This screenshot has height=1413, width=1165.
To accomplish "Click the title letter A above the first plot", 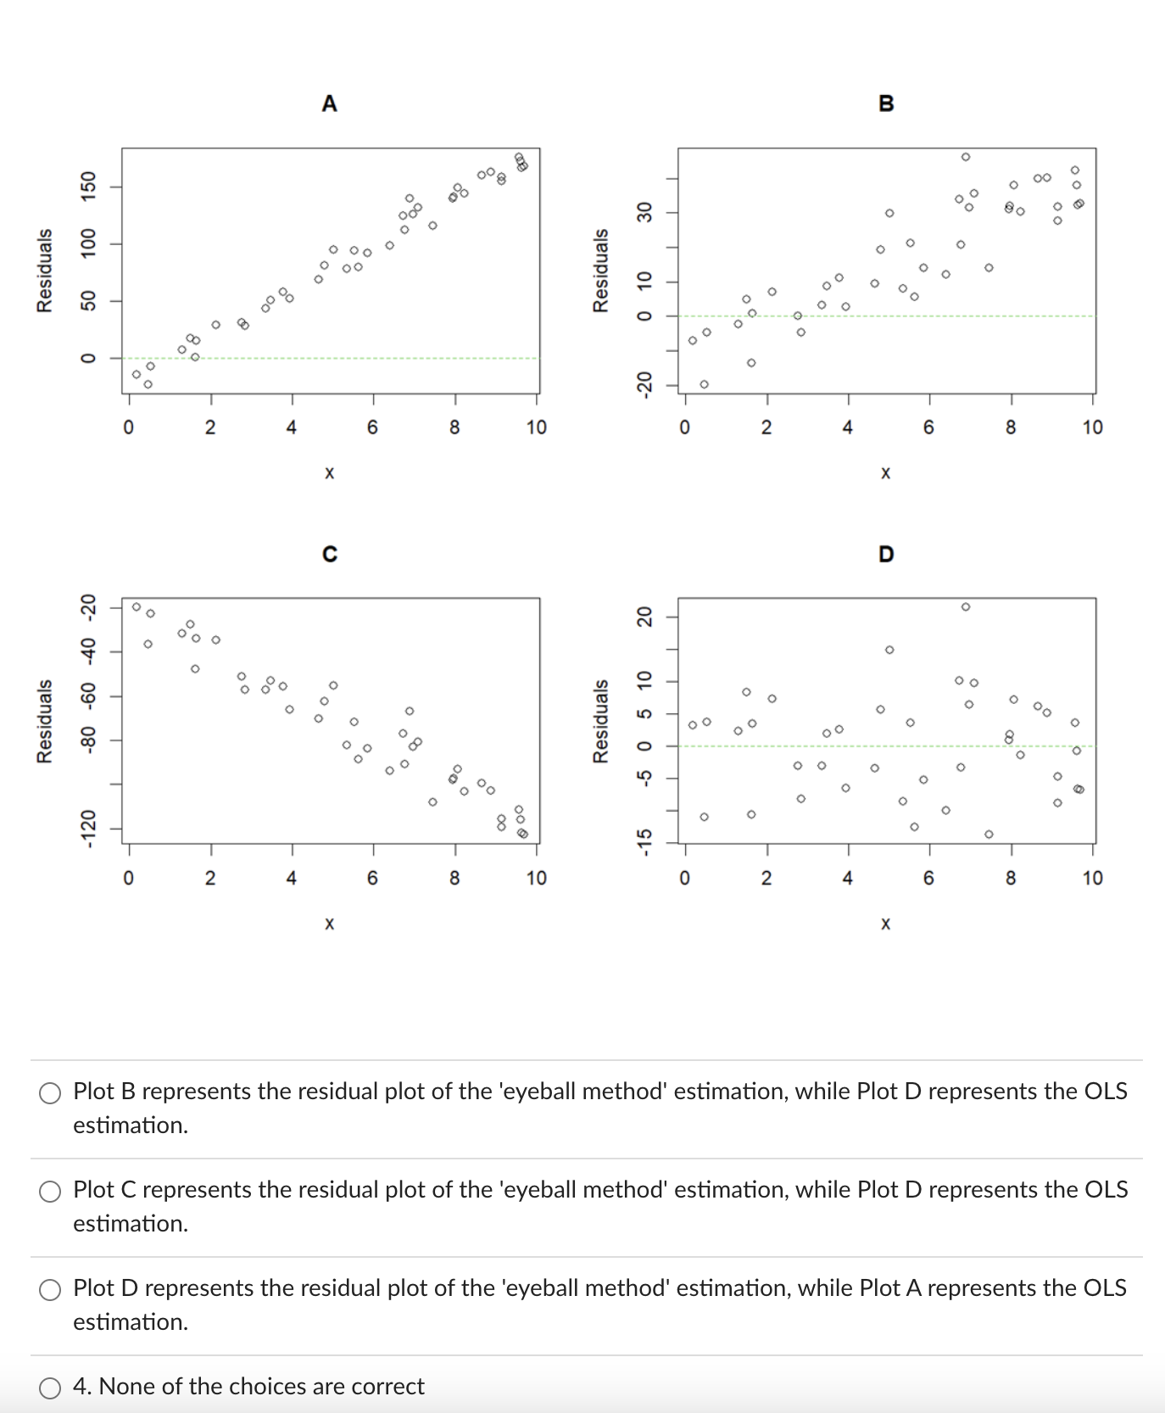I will pyautogui.click(x=330, y=103).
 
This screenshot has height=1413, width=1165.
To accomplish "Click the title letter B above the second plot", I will pyautogui.click(x=886, y=103).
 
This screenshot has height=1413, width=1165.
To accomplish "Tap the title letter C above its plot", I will pyautogui.click(x=330, y=554).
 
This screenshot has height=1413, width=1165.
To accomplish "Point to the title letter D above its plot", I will pyautogui.click(x=886, y=554).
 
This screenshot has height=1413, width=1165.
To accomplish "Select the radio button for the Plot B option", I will pyautogui.click(x=50, y=1092).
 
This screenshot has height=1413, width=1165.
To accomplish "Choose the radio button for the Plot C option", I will pyautogui.click(x=50, y=1191).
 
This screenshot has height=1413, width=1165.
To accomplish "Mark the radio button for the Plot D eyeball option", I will pyautogui.click(x=50, y=1289).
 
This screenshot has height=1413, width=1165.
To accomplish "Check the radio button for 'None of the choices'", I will pyautogui.click(x=50, y=1388).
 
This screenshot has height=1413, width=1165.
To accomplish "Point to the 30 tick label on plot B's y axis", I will pyautogui.click(x=644, y=212).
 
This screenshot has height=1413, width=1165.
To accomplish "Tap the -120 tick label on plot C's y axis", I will pyautogui.click(x=88, y=829).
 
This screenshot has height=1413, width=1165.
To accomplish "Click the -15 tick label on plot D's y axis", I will pyautogui.click(x=644, y=842).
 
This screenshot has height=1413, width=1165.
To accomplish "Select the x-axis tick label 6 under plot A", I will pyautogui.click(x=373, y=427).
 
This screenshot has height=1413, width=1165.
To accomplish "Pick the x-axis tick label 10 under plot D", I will pyautogui.click(x=1092, y=878).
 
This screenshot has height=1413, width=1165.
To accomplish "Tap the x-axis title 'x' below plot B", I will pyautogui.click(x=886, y=472).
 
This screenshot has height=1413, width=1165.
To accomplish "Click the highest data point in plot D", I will pyautogui.click(x=966, y=606).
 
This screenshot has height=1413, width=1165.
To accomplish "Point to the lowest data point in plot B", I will pyautogui.click(x=704, y=384).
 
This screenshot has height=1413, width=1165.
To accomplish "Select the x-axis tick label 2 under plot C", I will pyautogui.click(x=210, y=878).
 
